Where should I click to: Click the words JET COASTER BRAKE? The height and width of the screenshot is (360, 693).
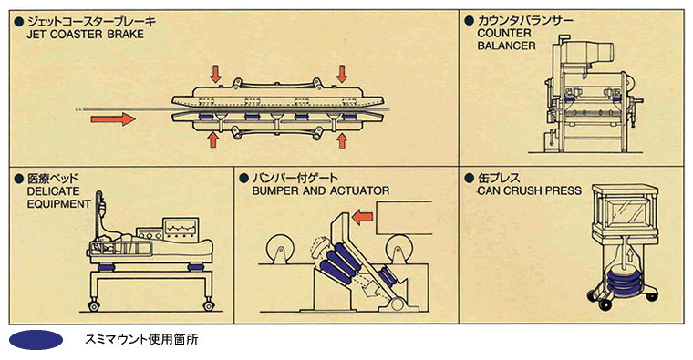(x=86, y=35)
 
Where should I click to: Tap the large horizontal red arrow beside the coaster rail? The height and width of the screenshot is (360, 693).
(x=113, y=118)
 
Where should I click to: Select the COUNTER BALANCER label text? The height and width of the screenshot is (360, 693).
(x=506, y=39)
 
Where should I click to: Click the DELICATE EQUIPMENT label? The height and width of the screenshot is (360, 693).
(x=58, y=198)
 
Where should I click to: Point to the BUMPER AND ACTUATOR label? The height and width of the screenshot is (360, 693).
(x=321, y=190)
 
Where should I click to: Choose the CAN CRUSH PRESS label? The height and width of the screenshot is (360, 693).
(x=530, y=190)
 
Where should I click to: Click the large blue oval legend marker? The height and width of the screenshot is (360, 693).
(x=36, y=340)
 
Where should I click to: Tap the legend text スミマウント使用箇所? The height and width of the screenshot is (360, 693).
(x=141, y=339)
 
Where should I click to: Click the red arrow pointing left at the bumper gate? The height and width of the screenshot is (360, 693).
(x=362, y=217)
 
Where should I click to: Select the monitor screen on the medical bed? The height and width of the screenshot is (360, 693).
(x=181, y=228)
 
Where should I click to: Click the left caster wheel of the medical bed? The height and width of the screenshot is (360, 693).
(x=93, y=305)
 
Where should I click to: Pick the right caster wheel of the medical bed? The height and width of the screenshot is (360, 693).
(x=209, y=305)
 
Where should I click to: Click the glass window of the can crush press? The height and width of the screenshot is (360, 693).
(x=625, y=213)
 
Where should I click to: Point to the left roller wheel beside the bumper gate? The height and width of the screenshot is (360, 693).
(x=279, y=248)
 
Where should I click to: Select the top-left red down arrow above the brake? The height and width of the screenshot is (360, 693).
(x=215, y=74)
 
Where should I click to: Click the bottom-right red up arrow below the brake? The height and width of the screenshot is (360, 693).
(x=342, y=140)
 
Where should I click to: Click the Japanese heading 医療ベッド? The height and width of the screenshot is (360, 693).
(x=53, y=179)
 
